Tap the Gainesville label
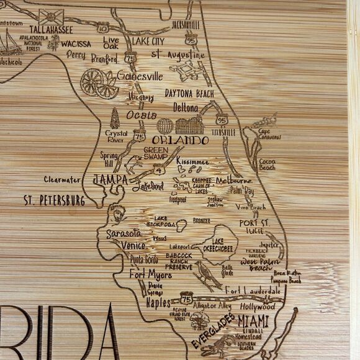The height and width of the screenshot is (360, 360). click(140, 76)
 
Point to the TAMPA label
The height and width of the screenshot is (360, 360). click(109, 179)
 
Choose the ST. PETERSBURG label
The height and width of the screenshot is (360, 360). click(54, 200)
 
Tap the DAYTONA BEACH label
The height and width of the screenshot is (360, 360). click(189, 93)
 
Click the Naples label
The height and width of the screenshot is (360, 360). click(158, 304)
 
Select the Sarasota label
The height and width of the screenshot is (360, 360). click(125, 234)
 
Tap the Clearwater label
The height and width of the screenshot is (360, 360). click(62, 179)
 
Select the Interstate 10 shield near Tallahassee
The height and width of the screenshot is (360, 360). click(102, 28)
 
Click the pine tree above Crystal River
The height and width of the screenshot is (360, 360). click(115, 118)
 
